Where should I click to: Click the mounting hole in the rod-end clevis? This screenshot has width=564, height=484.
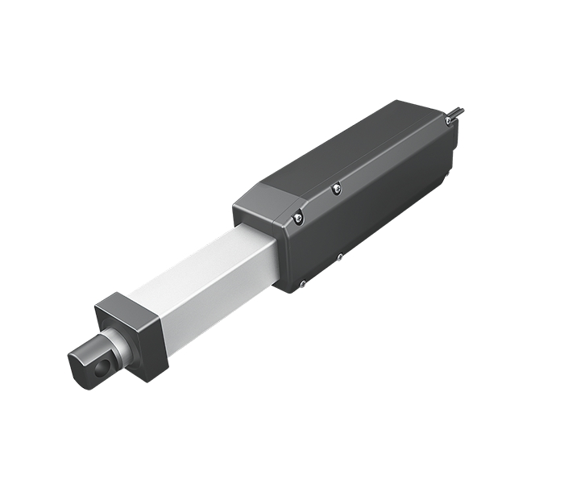tap(100, 369)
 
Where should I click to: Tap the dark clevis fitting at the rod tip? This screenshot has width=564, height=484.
tap(88, 361)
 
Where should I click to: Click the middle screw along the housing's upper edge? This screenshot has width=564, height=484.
tap(336, 188)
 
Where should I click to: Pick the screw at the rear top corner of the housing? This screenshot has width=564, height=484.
tap(448, 119)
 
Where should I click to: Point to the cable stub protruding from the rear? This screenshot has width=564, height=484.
tap(458, 111)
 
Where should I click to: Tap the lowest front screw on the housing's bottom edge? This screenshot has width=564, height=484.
tap(302, 282)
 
